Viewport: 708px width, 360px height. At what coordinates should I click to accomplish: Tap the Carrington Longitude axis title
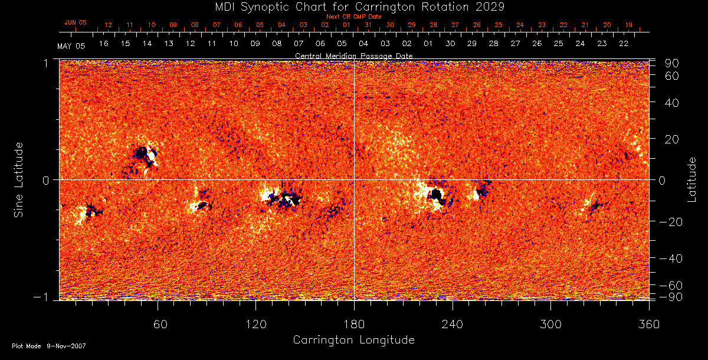[x=353, y=340]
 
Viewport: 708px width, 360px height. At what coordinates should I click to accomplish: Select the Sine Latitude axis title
[x=19, y=179]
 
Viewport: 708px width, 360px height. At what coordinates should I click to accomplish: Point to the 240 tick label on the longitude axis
[x=453, y=325]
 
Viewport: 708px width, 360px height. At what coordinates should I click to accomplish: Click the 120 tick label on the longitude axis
[x=256, y=325]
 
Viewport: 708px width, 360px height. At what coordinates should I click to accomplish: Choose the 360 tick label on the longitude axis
[x=649, y=325]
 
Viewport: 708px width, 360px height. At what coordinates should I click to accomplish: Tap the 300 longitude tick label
[x=550, y=325]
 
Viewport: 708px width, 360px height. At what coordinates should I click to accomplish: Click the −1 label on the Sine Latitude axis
[x=45, y=297]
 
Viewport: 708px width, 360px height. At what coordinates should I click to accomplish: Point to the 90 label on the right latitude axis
[x=672, y=63]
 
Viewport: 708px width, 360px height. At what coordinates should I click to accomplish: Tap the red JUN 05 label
[x=75, y=22]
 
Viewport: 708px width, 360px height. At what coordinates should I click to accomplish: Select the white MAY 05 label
[x=71, y=45]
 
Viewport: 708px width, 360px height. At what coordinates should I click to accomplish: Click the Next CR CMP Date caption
[x=354, y=17]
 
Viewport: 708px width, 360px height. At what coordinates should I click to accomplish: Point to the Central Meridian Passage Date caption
[x=354, y=55]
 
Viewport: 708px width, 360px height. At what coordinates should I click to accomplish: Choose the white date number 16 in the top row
[x=104, y=44]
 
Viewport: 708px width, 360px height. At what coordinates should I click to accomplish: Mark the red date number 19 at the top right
[x=629, y=25]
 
